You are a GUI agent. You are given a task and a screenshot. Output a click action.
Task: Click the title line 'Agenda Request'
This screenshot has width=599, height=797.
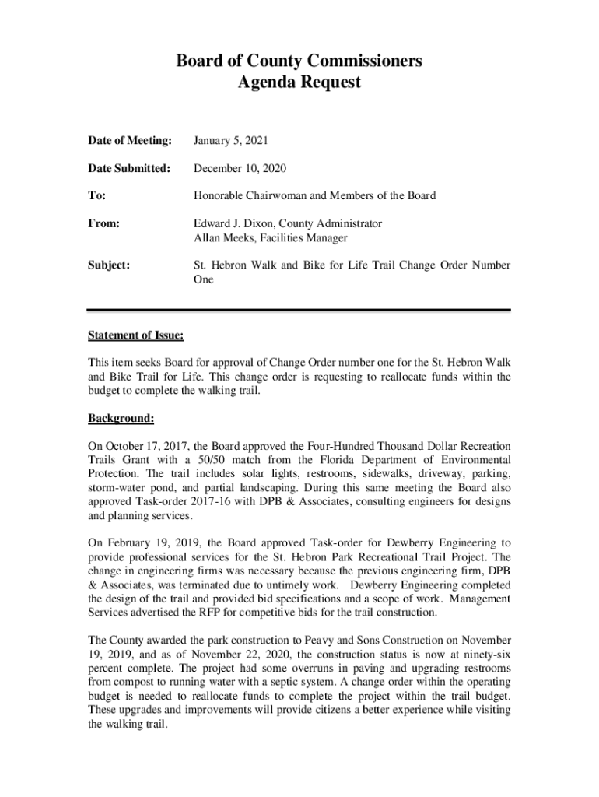click(x=299, y=83)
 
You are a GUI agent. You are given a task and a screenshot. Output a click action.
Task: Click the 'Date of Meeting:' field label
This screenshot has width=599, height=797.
click(x=129, y=141)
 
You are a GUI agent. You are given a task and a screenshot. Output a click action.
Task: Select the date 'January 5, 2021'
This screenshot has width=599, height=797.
click(x=231, y=141)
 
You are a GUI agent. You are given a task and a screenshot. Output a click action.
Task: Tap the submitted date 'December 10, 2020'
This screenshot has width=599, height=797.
click(x=240, y=168)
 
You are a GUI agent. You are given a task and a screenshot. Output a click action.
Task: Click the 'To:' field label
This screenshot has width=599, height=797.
click(x=97, y=195)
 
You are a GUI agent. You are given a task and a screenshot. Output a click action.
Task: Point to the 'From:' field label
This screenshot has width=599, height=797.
click(x=103, y=223)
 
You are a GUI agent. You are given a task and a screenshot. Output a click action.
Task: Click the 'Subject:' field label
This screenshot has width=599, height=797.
click(x=109, y=265)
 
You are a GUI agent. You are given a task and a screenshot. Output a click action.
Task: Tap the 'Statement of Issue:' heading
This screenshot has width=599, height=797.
click(x=136, y=335)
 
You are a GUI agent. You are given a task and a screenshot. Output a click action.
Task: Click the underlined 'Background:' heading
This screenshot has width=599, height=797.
click(x=121, y=419)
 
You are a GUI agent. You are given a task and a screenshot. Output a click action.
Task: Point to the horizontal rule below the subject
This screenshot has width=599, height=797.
click(x=299, y=310)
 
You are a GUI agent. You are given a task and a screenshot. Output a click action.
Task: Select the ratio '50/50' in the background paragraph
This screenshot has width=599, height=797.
click(x=207, y=460)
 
